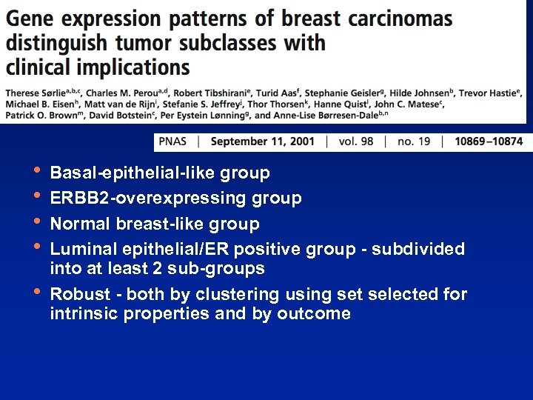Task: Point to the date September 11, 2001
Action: (x=262, y=141)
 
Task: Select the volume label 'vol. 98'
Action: (x=356, y=141)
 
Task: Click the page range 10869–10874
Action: (x=488, y=141)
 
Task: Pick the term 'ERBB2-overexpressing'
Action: (x=148, y=199)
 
